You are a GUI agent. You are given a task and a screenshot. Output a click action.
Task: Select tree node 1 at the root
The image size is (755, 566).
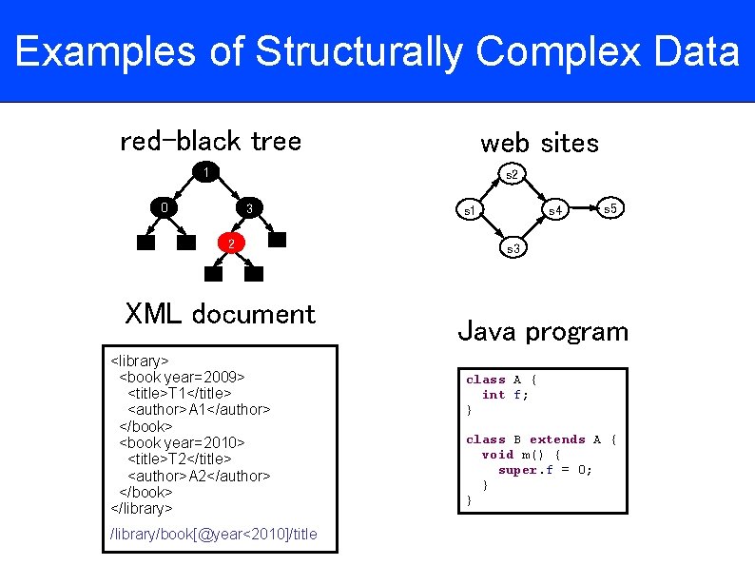point(204,172)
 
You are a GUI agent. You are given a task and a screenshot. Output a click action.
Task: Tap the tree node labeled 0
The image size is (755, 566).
point(164,207)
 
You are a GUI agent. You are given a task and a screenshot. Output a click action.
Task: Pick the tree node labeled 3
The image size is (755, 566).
point(248,208)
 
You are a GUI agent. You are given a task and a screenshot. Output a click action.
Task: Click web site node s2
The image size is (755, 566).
point(512,174)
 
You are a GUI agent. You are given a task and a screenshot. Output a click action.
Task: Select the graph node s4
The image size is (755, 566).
point(555,209)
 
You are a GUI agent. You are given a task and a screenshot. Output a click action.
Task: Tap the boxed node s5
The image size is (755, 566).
point(610,207)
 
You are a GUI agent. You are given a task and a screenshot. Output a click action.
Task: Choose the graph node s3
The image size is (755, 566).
point(512,248)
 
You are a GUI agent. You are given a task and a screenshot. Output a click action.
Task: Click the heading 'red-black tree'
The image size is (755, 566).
point(210,142)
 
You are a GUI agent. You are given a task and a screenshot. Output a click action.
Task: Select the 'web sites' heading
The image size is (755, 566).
point(539,144)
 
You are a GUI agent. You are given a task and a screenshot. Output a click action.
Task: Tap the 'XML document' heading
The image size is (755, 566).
point(220,314)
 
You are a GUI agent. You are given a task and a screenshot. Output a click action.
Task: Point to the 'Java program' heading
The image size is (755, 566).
point(543,332)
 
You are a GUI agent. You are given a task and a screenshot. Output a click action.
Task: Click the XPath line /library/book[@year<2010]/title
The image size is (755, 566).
point(214,534)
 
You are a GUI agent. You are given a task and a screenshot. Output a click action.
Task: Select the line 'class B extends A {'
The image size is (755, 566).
point(541,439)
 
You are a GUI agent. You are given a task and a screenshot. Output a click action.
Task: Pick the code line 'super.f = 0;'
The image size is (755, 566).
point(545,470)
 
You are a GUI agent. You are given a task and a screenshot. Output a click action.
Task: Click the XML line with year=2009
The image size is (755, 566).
point(182,377)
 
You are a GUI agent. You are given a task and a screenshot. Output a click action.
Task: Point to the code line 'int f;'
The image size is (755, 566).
point(505,395)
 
